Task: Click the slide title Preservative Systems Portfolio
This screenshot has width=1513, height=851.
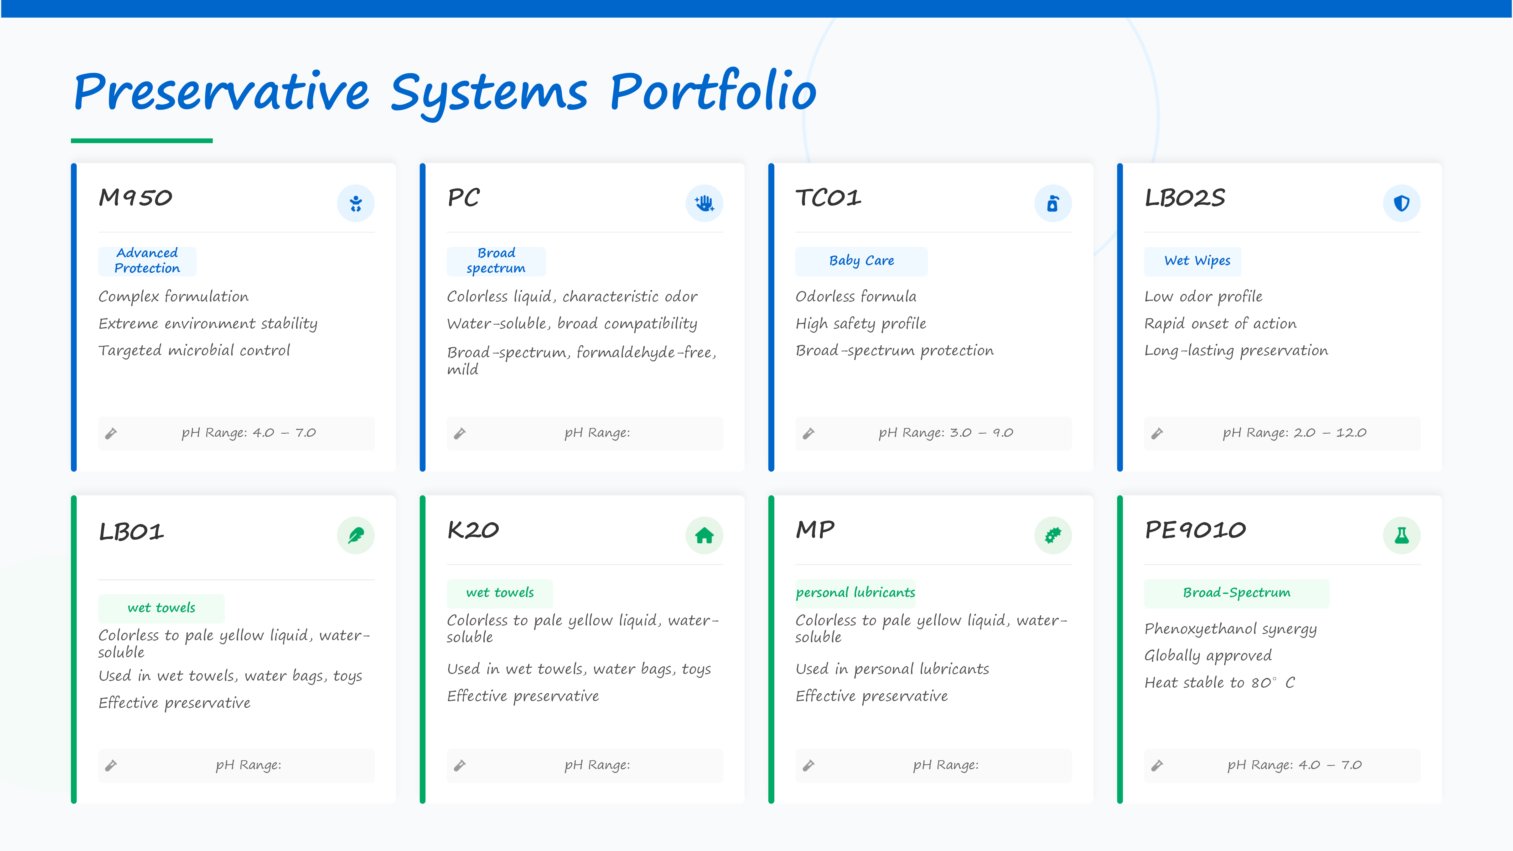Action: tap(445, 92)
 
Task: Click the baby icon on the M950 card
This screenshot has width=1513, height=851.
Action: tap(355, 203)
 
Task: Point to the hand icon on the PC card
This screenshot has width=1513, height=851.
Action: tap(704, 203)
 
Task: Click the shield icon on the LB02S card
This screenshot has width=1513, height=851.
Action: tap(1401, 203)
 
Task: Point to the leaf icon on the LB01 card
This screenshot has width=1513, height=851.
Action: tap(355, 535)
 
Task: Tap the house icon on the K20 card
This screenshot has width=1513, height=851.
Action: tap(704, 535)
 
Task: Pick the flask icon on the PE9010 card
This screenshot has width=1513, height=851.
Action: tap(1401, 535)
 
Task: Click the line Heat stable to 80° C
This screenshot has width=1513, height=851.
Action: tap(1219, 682)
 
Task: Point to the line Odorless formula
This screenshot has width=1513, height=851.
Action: tap(856, 297)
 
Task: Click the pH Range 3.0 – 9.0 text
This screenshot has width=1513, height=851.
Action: tap(946, 433)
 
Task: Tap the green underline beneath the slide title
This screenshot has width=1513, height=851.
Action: tap(142, 141)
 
